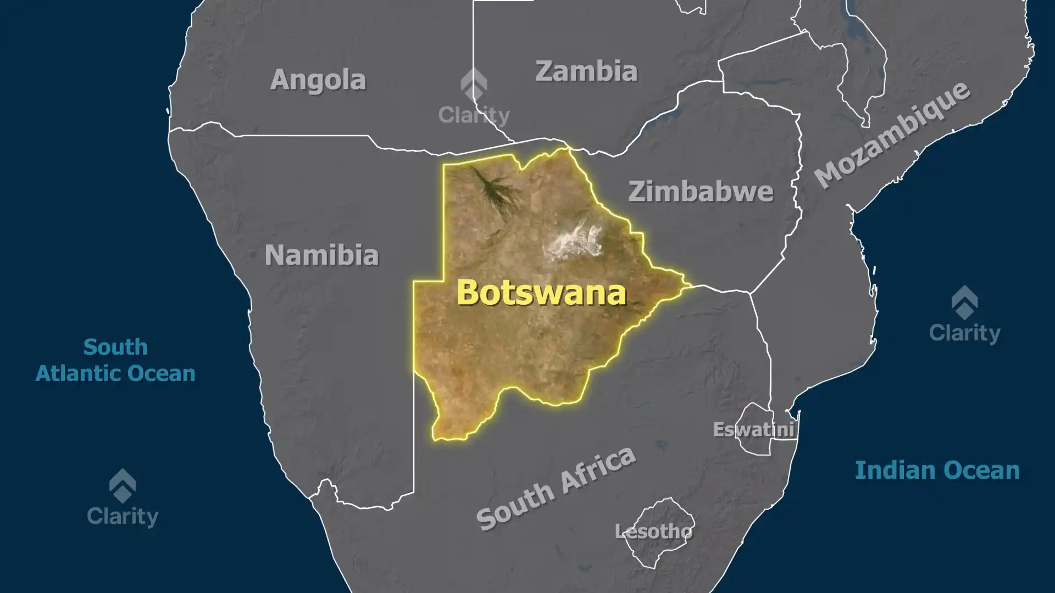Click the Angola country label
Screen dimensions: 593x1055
(318, 80)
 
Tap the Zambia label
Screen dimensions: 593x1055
(586, 71)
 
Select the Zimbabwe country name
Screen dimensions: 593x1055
(701, 192)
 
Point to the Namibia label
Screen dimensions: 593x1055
(321, 255)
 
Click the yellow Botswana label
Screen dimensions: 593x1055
(541, 292)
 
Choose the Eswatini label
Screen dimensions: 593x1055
(753, 429)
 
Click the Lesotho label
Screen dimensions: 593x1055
(653, 532)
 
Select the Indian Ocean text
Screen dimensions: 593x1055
(937, 471)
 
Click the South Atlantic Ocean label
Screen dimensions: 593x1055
(115, 360)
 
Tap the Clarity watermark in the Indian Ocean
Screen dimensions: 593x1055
(964, 332)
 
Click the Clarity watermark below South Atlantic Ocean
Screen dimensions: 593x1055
(123, 516)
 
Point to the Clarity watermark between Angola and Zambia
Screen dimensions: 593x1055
(474, 115)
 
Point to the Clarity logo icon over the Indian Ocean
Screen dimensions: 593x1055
(964, 302)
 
